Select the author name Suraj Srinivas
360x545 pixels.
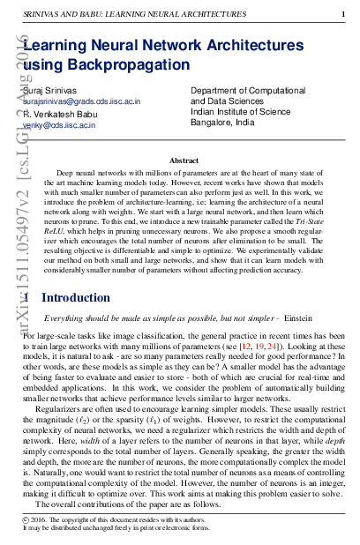point(50,90)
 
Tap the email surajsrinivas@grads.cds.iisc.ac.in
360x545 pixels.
point(81,102)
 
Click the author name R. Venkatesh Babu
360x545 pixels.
point(59,115)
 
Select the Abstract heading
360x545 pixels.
point(184,161)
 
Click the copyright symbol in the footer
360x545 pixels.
point(26,522)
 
